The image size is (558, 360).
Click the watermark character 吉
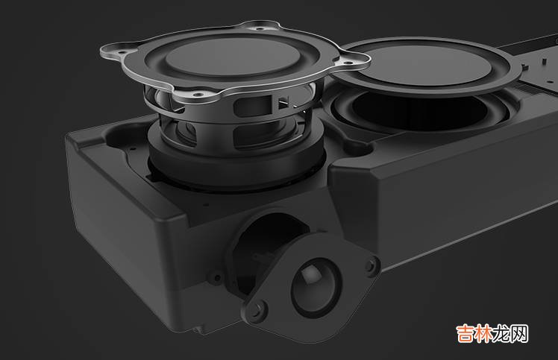tap(465, 333)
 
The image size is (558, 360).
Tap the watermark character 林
tap(483, 333)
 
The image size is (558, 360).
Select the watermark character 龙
tap(501, 333)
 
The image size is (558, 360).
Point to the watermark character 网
tap(519, 333)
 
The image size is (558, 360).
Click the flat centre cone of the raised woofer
tap(233, 57)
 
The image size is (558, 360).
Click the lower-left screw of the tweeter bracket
tap(257, 309)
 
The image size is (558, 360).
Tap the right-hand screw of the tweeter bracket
tap(372, 265)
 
